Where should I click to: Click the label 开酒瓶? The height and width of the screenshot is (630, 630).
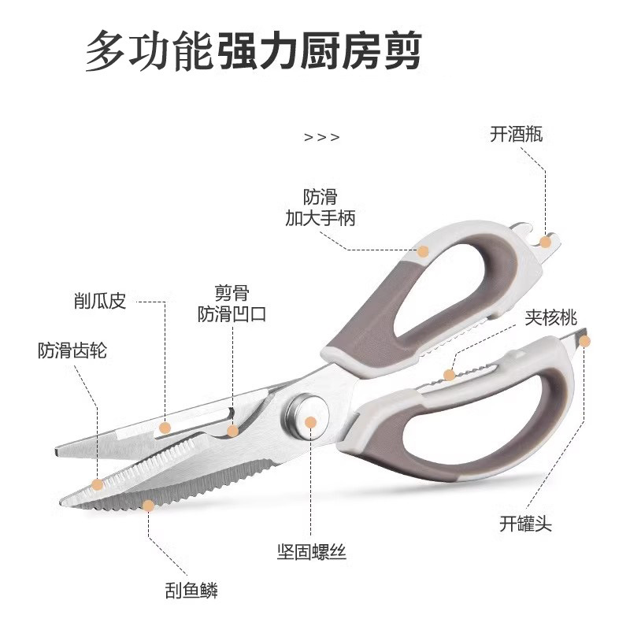(516, 135)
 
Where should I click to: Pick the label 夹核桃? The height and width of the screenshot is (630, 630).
(551, 317)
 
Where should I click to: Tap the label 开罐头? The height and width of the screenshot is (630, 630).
(525, 524)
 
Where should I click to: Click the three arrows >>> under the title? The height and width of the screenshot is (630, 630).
(321, 137)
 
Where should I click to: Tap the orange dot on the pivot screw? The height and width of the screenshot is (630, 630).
(310, 423)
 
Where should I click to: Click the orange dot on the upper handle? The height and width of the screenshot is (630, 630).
(423, 251)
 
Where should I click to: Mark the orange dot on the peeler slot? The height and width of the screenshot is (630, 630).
(165, 428)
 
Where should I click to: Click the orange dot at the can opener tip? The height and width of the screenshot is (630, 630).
(586, 340)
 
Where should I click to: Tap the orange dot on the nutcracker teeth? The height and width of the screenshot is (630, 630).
(449, 375)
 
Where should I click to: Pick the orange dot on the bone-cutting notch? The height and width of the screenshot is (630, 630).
(232, 430)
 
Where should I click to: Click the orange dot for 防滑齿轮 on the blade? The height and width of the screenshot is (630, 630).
(97, 484)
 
